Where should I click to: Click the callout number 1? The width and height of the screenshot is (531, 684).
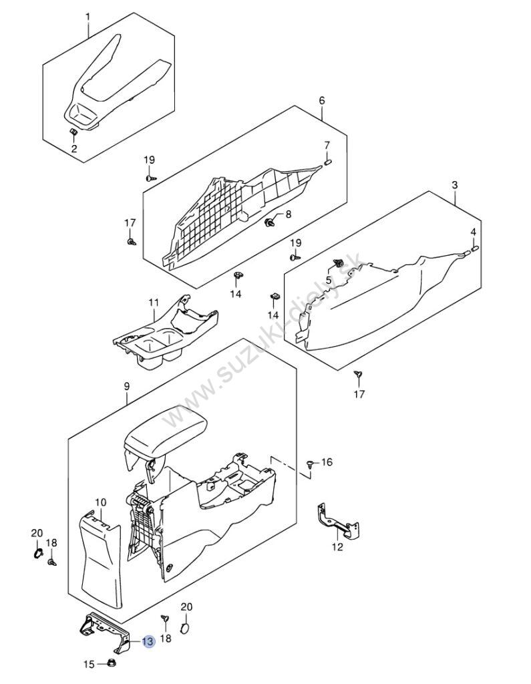pyautogui.click(x=87, y=17)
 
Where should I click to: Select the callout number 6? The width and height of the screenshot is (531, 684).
pyautogui.click(x=322, y=100)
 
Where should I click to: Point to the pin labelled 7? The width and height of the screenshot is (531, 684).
pyautogui.click(x=329, y=162)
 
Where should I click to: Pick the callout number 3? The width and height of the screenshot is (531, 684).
pyautogui.click(x=455, y=185)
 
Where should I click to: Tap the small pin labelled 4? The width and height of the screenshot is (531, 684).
pyautogui.click(x=474, y=250)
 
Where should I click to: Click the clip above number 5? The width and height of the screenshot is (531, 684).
pyautogui.click(x=337, y=263)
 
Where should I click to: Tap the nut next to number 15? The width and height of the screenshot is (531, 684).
pyautogui.click(x=112, y=663)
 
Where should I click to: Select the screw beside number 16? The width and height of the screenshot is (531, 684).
pyautogui.click(x=310, y=464)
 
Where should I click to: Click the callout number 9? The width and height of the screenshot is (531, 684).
pyautogui.click(x=127, y=387)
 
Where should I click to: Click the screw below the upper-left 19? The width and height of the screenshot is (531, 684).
pyautogui.click(x=150, y=178)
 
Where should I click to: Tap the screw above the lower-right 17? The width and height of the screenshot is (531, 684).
pyautogui.click(x=359, y=374)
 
